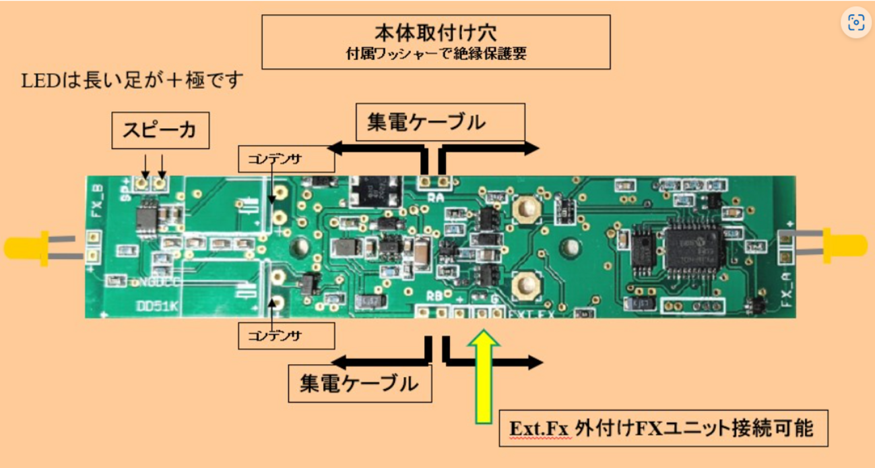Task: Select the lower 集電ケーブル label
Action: (x=359, y=384)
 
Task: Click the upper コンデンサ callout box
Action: (x=286, y=159)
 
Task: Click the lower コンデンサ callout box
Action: (x=286, y=336)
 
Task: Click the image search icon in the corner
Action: (x=856, y=22)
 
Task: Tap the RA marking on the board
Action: (x=435, y=196)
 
